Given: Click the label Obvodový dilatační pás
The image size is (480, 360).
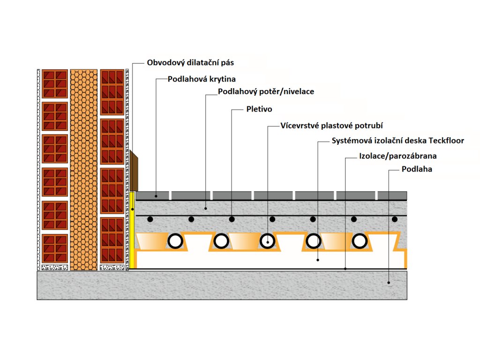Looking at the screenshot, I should pyautogui.click(x=190, y=62).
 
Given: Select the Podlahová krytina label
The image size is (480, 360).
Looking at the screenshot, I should pyautogui.click(x=202, y=79).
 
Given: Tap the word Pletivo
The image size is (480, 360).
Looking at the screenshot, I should pyautogui.click(x=259, y=109).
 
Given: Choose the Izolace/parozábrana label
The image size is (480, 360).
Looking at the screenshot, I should pyautogui.click(x=397, y=156).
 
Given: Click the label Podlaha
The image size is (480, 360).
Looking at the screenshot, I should pyautogui.click(x=417, y=169).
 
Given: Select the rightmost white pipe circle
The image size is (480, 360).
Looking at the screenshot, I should pyautogui.click(x=360, y=241).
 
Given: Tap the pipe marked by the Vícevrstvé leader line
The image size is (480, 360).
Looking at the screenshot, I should pyautogui.click(x=268, y=241).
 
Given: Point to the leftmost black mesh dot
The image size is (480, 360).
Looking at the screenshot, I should pyautogui.click(x=150, y=219).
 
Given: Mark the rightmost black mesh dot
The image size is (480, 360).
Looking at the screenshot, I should pyautogui.click(x=395, y=219).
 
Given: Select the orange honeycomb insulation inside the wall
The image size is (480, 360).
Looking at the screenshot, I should pyautogui.click(x=83, y=169).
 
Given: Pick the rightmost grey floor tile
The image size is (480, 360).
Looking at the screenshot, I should pyautogui.click(x=392, y=195).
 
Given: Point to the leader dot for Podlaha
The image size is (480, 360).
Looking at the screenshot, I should pyautogui.click(x=389, y=282).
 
